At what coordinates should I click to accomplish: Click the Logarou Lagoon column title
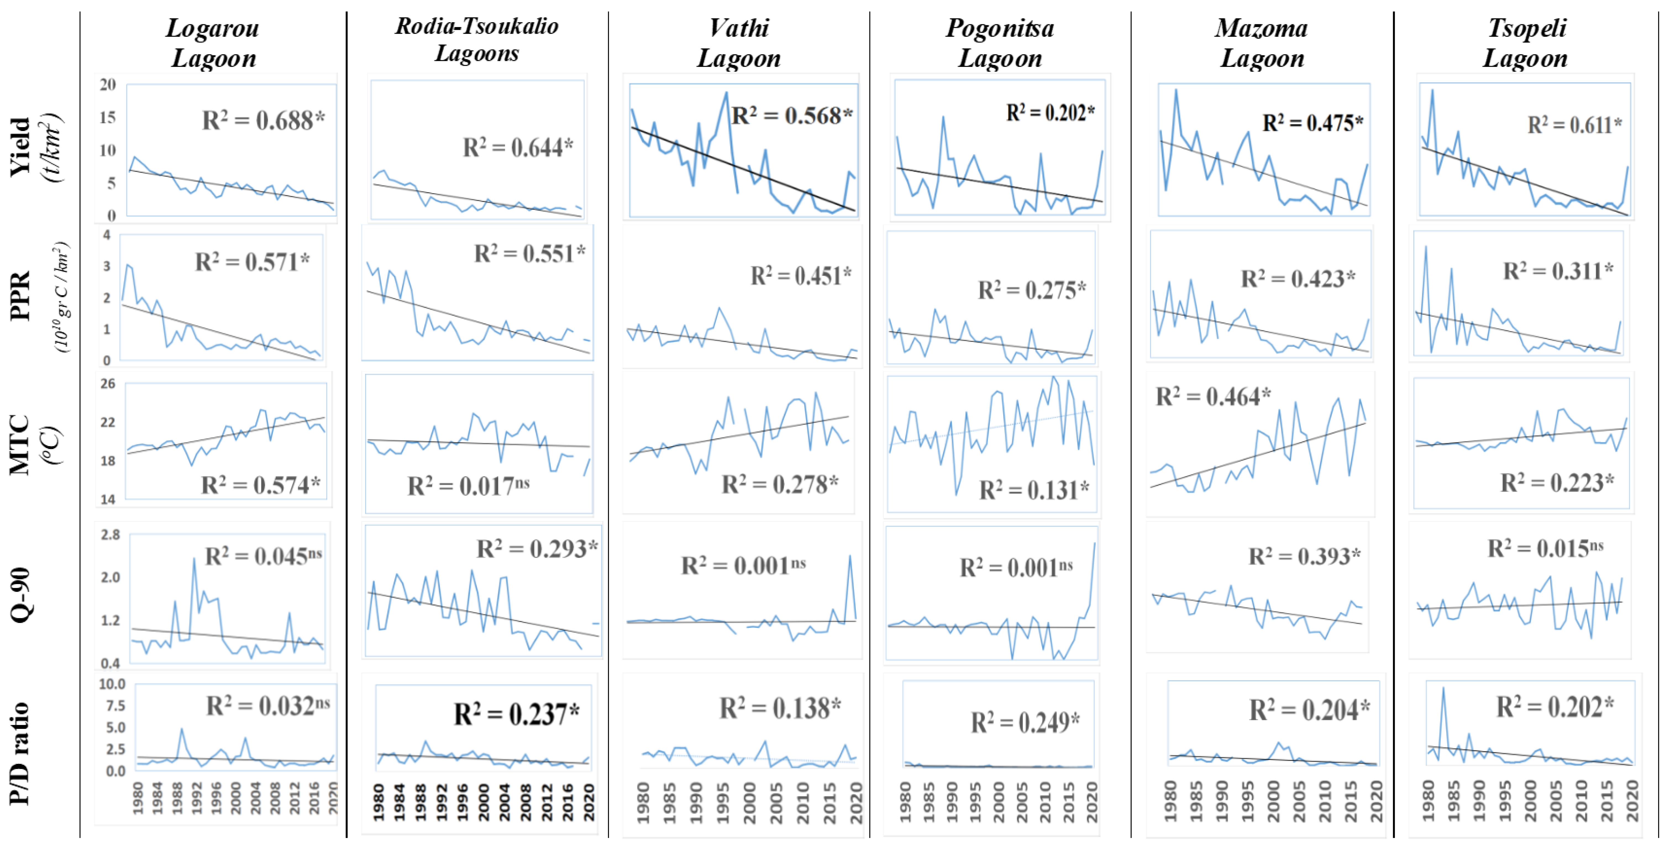(213, 43)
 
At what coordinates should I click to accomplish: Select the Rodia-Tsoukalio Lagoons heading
(477, 40)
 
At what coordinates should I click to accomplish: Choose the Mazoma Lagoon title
(1262, 43)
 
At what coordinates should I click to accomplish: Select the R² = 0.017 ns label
(468, 485)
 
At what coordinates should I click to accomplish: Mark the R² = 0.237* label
(516, 714)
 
